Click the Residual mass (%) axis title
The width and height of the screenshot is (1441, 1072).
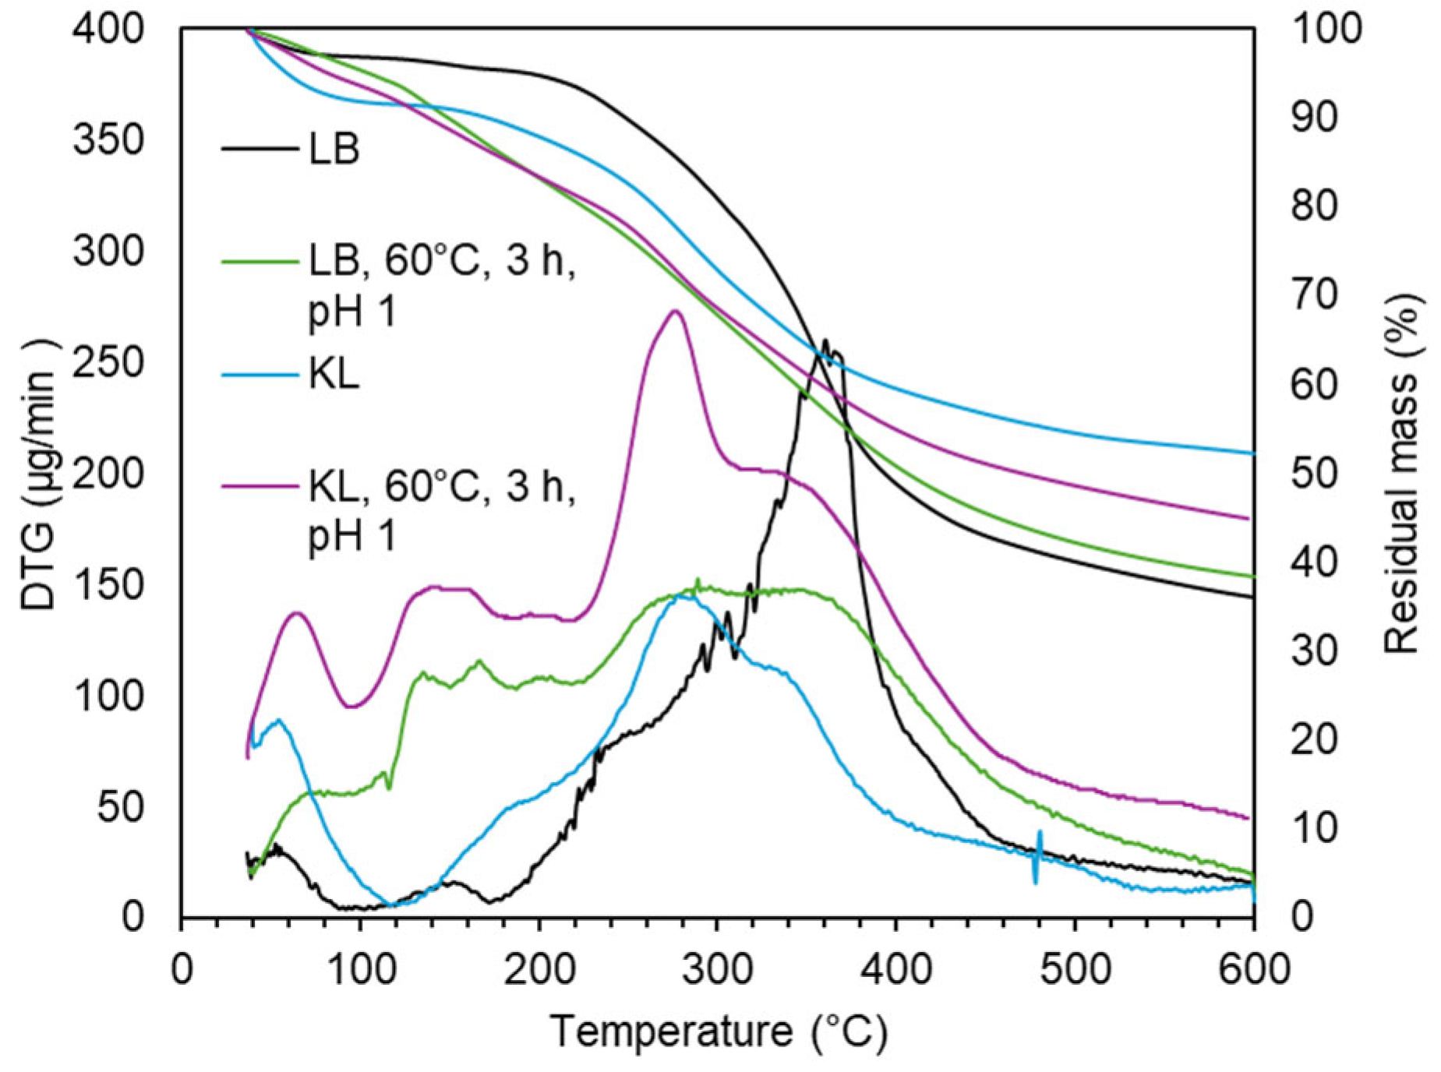click(x=1402, y=474)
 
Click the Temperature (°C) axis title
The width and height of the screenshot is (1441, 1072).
click(x=718, y=1031)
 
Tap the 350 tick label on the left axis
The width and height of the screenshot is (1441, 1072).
click(x=109, y=141)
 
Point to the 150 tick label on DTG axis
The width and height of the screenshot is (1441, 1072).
click(x=109, y=585)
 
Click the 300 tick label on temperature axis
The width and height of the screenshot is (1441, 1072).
click(x=718, y=970)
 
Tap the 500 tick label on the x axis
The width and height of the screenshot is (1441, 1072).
click(x=1075, y=970)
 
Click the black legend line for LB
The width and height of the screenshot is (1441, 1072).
click(x=260, y=148)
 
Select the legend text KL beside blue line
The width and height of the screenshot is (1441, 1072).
click(x=334, y=375)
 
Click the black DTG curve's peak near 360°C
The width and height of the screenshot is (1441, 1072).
click(x=825, y=341)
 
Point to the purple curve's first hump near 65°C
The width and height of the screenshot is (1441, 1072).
click(x=296, y=613)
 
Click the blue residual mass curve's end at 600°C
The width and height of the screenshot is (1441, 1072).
click(x=1252, y=453)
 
